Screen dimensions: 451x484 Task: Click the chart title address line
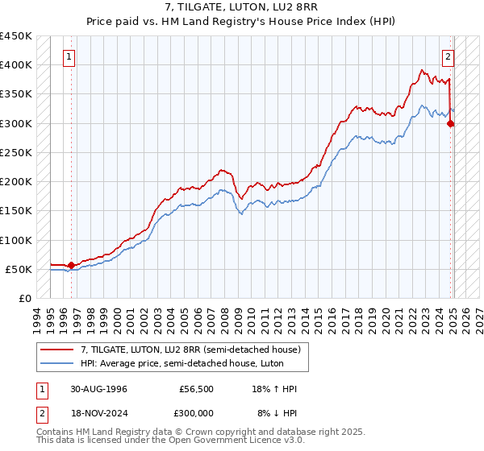point(242,7)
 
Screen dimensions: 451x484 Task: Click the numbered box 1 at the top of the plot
point(69,56)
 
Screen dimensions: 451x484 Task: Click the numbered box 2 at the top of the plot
point(448,56)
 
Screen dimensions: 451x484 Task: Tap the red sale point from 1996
point(71,265)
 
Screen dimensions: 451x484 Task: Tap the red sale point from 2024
point(450,123)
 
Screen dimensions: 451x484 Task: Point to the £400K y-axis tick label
point(16,65)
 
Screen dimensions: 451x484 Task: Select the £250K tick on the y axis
point(16,153)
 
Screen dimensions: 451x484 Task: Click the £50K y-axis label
point(19,270)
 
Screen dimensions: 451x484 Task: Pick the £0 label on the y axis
point(26,299)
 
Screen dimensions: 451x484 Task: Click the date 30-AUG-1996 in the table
point(98,389)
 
